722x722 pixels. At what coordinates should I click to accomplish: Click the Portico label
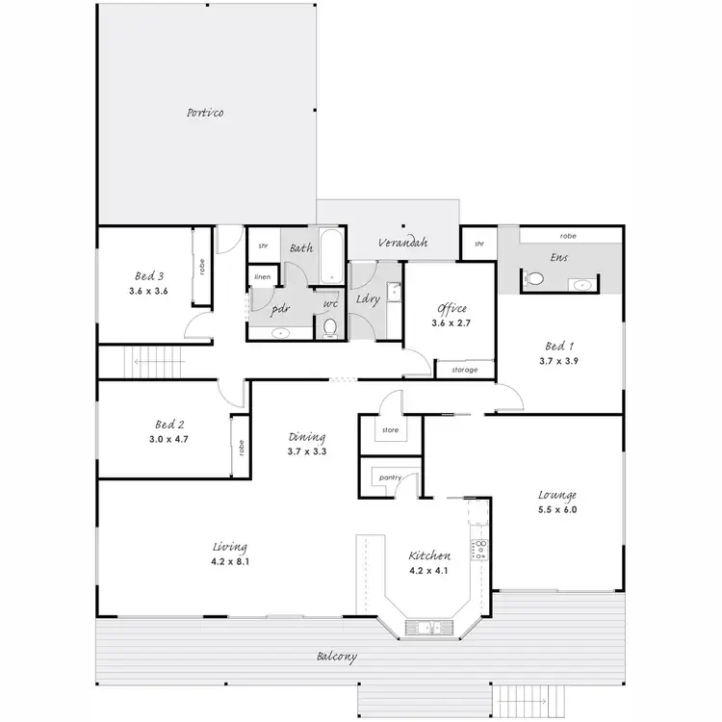[205, 114]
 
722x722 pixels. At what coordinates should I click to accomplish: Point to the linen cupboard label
[262, 277]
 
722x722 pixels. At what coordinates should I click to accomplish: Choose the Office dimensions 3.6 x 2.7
[451, 324]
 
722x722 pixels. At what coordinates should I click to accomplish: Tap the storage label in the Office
[465, 369]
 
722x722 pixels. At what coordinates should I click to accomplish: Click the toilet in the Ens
[536, 279]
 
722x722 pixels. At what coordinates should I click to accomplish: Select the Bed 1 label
[558, 346]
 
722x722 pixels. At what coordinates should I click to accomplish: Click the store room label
[390, 430]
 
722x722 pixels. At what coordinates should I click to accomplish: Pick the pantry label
[390, 477]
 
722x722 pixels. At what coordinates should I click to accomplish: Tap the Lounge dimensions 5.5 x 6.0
[556, 509]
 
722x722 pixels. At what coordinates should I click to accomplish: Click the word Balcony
[337, 658]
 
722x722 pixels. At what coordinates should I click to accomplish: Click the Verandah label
[402, 242]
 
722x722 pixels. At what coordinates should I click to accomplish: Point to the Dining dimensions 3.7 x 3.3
[306, 451]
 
